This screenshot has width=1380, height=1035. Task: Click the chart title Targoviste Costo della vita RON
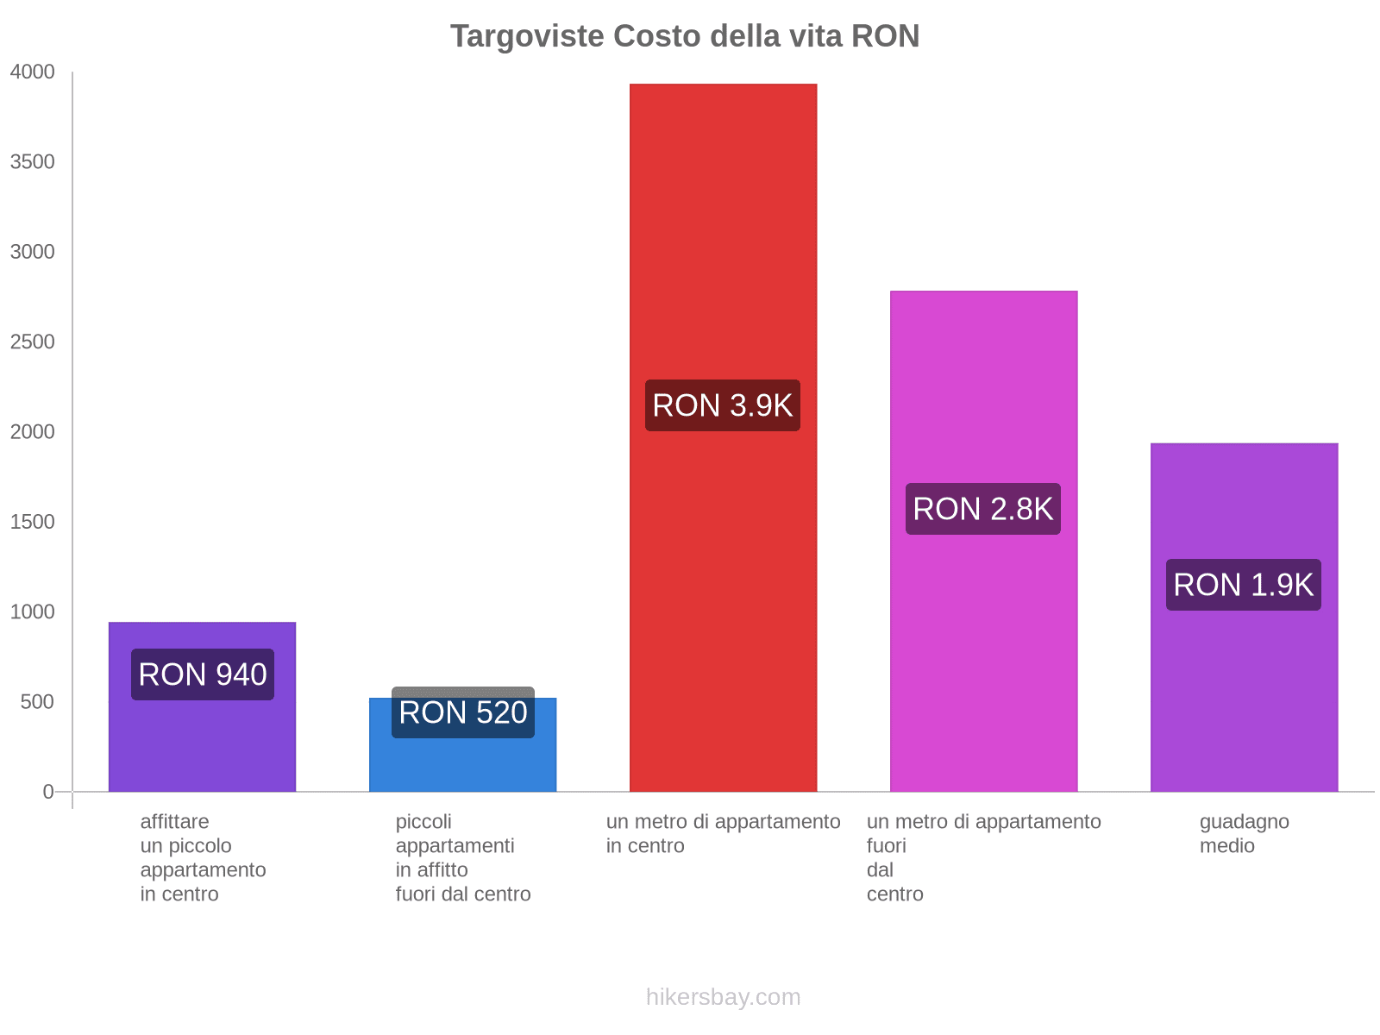[685, 36]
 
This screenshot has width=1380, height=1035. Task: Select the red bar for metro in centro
[723, 259]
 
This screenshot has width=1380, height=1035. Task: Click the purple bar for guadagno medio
[1244, 690]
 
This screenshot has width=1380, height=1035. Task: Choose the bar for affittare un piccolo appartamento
[202, 742]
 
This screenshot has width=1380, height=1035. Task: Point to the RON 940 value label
[203, 674]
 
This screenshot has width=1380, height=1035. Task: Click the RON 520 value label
[463, 713]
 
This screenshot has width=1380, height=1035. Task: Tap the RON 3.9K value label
[723, 405]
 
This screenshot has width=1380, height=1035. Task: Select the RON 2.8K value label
[983, 509]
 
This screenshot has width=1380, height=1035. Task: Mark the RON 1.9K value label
[1244, 585]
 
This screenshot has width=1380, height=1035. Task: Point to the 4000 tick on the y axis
[33, 72]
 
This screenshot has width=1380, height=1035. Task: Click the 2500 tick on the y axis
[33, 342]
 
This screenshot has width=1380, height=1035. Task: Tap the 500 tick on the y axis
[37, 702]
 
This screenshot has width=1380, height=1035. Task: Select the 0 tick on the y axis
[48, 792]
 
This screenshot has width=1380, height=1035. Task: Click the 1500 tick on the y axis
[33, 522]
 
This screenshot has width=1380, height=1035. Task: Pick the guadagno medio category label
[1244, 833]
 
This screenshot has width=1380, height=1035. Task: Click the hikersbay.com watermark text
[723, 997]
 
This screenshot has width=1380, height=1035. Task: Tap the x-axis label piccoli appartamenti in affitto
[462, 857]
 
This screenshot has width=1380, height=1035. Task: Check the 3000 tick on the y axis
[33, 252]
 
